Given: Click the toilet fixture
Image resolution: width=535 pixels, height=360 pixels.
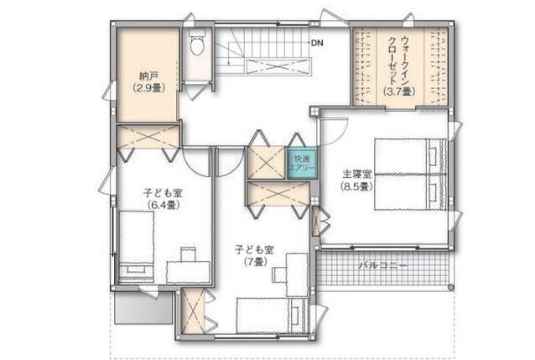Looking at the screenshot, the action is (x=198, y=42).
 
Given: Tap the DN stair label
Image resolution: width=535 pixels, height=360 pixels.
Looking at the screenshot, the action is (x=317, y=43).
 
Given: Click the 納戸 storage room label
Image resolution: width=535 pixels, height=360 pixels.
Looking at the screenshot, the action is (x=148, y=76).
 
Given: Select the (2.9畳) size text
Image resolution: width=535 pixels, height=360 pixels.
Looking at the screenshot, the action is (x=149, y=88).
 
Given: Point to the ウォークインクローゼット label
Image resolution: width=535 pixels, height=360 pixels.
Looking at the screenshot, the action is (x=397, y=60).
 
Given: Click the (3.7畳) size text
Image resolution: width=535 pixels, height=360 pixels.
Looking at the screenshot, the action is (x=399, y=91).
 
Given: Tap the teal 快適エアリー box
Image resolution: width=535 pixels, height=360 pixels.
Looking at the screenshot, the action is (x=302, y=163).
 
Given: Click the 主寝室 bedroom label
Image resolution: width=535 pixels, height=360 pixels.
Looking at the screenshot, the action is (x=356, y=175).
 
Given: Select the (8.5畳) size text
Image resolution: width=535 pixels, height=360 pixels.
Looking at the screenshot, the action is (x=356, y=186).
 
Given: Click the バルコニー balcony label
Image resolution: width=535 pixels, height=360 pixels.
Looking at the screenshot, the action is (x=383, y=265).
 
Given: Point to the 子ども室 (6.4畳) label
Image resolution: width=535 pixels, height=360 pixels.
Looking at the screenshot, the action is (x=163, y=199).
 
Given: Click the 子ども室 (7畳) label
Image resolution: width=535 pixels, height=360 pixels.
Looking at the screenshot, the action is (x=255, y=255).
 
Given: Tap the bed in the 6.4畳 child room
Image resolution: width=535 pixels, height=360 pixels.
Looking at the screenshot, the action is (x=136, y=246).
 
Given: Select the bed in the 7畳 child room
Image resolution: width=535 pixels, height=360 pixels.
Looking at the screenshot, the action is (x=273, y=316).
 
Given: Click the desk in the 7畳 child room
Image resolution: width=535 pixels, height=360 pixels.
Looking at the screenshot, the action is (x=297, y=275).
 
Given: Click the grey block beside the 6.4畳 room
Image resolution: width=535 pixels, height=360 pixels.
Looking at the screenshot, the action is (x=143, y=307).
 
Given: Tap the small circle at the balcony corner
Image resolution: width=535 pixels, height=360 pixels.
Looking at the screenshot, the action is (x=451, y=287).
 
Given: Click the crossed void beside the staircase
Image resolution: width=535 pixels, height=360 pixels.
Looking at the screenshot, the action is (x=278, y=65).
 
